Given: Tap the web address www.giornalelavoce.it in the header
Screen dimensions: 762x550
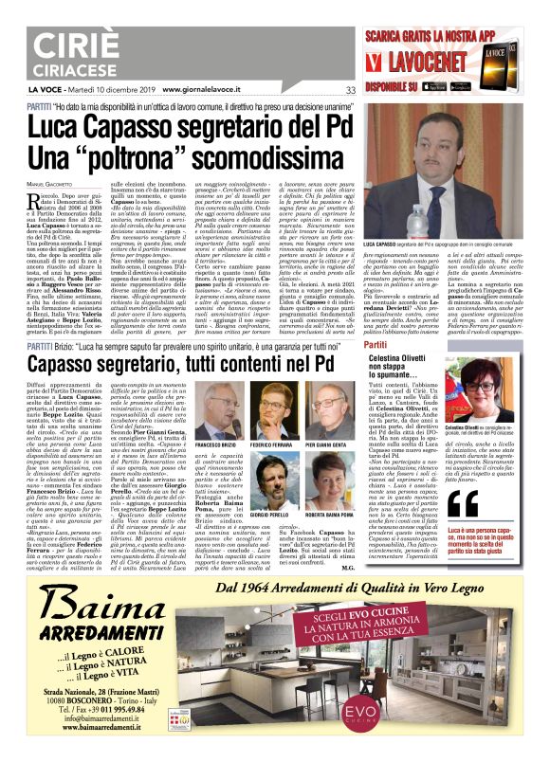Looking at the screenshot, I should point(207,90).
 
